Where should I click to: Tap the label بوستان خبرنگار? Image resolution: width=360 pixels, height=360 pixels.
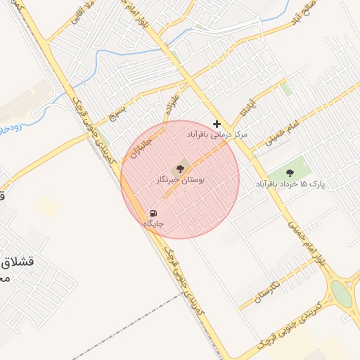point(179,181)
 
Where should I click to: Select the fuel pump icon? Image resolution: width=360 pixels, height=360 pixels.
point(153,212)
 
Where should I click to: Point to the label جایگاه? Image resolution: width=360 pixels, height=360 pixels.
point(153,224)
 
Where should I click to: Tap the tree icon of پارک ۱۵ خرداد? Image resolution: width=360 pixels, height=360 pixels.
point(290,172)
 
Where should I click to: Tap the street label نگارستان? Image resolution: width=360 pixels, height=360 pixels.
point(268,286)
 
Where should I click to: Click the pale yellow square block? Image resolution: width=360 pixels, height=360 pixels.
point(48,207)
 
